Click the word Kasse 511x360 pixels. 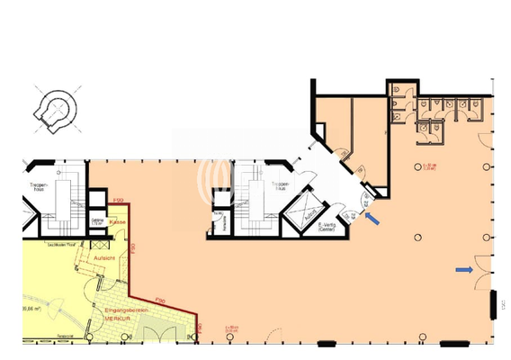[x=117, y=221]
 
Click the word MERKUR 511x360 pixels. [x=116, y=319]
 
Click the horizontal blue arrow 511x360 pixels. [x=464, y=269]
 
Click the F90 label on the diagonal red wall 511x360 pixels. [x=161, y=300]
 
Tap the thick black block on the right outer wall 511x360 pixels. [x=493, y=303]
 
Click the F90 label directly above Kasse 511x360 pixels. [x=117, y=201]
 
